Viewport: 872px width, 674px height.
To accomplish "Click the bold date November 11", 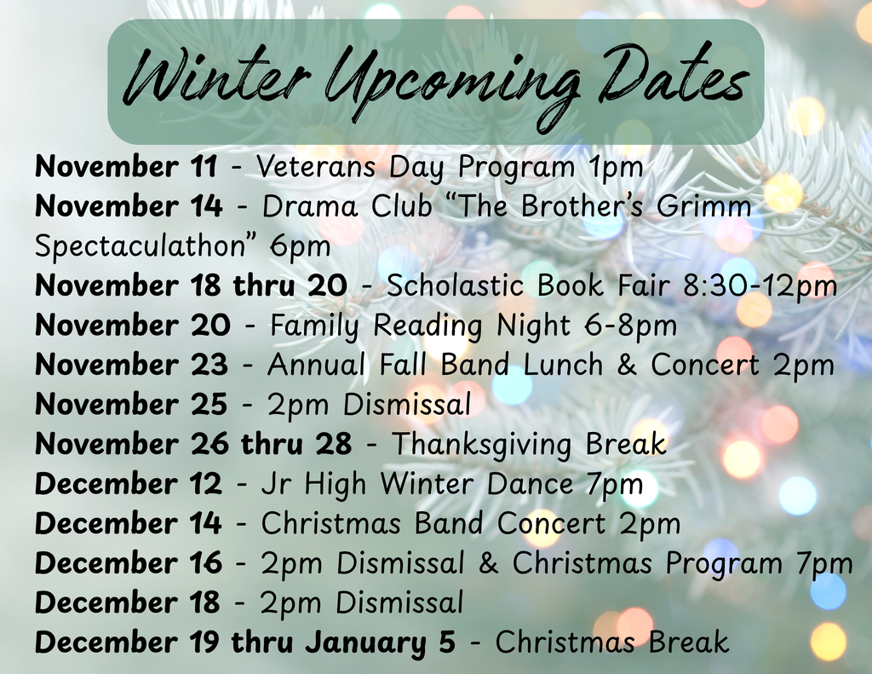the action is click(x=126, y=166).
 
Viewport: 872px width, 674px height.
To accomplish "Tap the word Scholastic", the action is click(x=455, y=285).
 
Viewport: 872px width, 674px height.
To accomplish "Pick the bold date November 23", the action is click(x=131, y=365).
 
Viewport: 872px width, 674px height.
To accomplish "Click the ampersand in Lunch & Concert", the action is click(x=627, y=365).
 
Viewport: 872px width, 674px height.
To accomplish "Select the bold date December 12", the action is click(x=128, y=484).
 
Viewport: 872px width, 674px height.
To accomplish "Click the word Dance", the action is click(x=530, y=484).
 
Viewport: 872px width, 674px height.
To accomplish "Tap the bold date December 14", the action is click(x=128, y=524).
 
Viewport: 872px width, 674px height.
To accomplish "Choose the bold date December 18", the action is click(x=128, y=602).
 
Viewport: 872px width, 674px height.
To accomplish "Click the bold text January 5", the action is click(x=380, y=642).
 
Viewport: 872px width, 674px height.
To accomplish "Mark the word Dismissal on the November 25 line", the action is click(x=407, y=404).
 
